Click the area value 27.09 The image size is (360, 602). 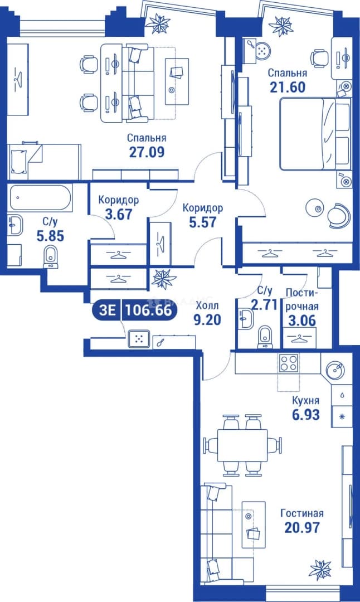pos(147,152)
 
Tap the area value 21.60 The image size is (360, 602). pos(288,87)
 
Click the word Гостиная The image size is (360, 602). pos(302,513)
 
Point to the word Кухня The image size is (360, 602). pos(305,400)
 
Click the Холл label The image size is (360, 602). pos(207,306)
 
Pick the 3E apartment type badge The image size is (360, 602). pos(107,310)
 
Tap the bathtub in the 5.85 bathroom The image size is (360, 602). pos(40,198)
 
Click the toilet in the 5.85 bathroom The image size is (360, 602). pos(51,256)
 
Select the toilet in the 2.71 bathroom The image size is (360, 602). pos(265,337)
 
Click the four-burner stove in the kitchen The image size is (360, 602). pos(289,362)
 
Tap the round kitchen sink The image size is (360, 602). pos(336,370)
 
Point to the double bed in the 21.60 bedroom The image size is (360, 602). pos(315,134)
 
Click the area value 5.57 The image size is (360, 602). pos(203,222)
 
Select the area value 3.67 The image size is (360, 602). pos(119,214)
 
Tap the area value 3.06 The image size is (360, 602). pos(302,321)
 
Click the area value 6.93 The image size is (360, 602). pos(305,415)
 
